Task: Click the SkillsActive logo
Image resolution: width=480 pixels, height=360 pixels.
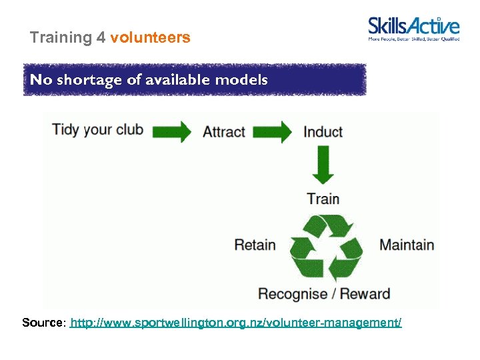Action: point(413,29)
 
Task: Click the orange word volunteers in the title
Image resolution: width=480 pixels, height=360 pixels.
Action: point(150,38)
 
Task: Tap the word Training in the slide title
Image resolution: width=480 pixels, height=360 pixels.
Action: point(61,38)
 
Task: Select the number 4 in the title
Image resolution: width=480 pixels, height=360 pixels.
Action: point(101,38)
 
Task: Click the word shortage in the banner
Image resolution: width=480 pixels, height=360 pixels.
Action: point(85,80)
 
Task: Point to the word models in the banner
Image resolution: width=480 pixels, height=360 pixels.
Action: point(245,80)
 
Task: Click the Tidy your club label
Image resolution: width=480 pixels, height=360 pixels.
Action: point(98,129)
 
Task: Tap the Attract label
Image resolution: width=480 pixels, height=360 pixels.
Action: point(224,131)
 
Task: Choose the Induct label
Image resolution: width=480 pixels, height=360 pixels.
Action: point(323,131)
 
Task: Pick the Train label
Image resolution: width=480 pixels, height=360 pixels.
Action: point(323,199)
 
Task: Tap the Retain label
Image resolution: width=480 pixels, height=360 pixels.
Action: point(255,245)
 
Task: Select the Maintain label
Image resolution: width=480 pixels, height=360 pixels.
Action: point(407,245)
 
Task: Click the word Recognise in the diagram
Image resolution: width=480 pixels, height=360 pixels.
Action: point(293,294)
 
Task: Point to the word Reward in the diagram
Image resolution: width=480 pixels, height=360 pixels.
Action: point(365,294)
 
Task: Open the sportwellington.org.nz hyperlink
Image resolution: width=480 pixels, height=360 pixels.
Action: point(236,323)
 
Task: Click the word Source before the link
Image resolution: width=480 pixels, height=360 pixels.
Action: point(43,323)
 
